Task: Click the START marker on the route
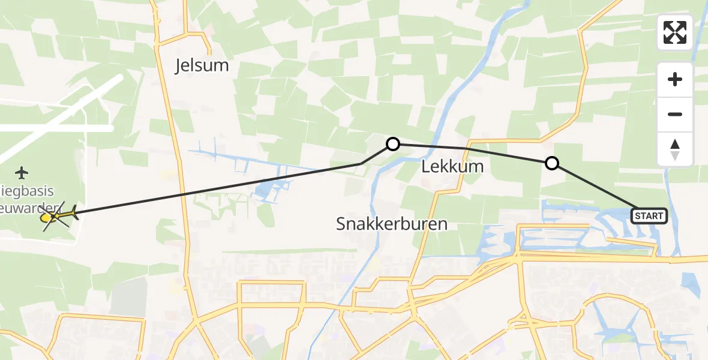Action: click(649, 216)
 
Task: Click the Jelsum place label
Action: click(202, 65)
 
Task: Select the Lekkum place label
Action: click(453, 167)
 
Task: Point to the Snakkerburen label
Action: click(392, 224)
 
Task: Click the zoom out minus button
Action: click(675, 115)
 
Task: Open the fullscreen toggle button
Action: click(675, 32)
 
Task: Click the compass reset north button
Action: click(675, 149)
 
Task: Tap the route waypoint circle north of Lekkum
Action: click(393, 144)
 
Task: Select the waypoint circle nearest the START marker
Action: click(551, 163)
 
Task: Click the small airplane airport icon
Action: click(22, 173)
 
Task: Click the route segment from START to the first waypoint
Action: click(594, 187)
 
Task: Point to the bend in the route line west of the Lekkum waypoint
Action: click(361, 164)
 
